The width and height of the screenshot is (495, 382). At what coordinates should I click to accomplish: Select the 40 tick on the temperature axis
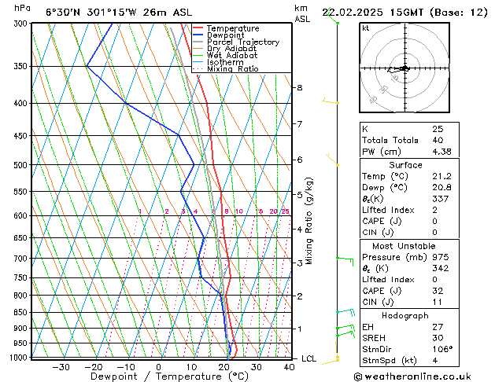[290, 366]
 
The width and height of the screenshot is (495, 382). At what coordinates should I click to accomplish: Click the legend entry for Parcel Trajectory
[243, 42]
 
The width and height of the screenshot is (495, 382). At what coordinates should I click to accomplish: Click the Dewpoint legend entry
[227, 35]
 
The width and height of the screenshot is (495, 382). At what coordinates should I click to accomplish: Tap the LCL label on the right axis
[309, 358]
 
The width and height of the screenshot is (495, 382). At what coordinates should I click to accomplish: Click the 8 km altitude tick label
[300, 87]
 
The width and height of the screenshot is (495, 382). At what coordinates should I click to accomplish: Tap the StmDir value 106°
[442, 350]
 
